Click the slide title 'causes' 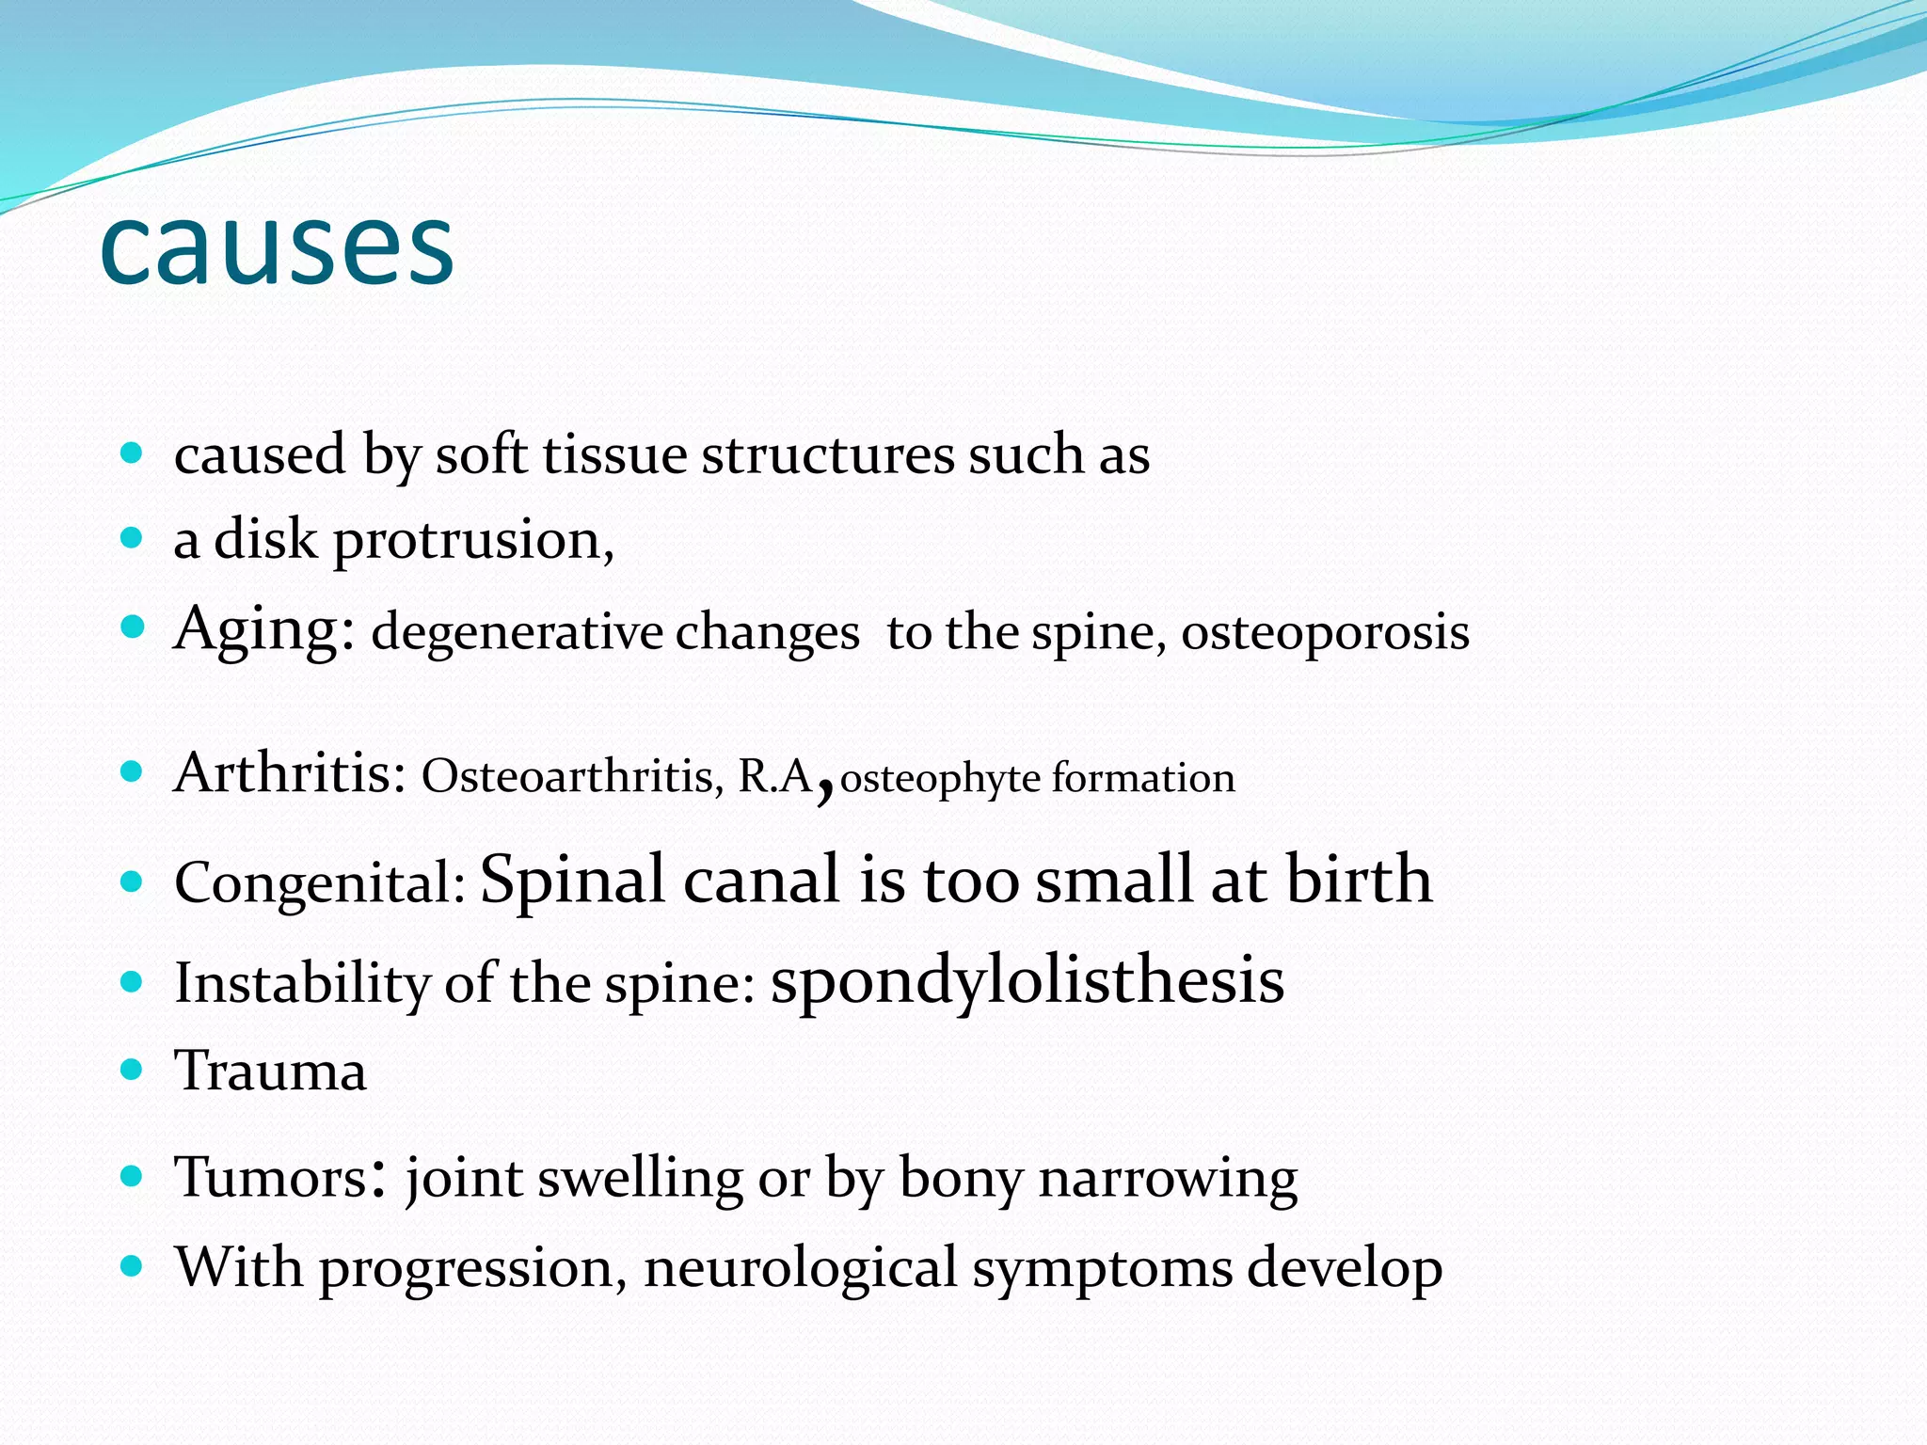[x=277, y=246]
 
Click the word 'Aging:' [x=264, y=630]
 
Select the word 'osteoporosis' [x=1325, y=632]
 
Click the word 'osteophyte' [x=940, y=779]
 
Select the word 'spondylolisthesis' [x=1027, y=981]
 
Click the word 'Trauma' [x=271, y=1071]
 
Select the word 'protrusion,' [x=473, y=541]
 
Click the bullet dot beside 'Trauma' [x=132, y=1070]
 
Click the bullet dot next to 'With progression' [x=132, y=1266]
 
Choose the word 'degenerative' [x=517, y=632]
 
